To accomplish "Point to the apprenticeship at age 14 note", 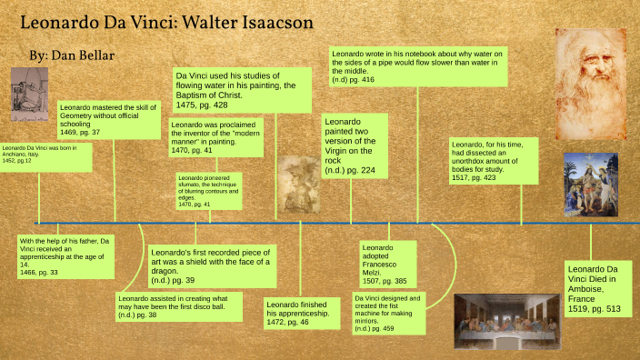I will [x=65, y=255].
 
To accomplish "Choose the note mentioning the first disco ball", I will [x=182, y=306].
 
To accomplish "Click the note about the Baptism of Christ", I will [x=241, y=89].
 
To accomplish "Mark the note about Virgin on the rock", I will [x=354, y=144].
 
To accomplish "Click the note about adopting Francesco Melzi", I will [x=387, y=264].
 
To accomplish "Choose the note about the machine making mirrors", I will [x=387, y=312].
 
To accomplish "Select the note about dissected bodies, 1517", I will [x=493, y=160].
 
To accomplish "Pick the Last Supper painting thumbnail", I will [x=504, y=321].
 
